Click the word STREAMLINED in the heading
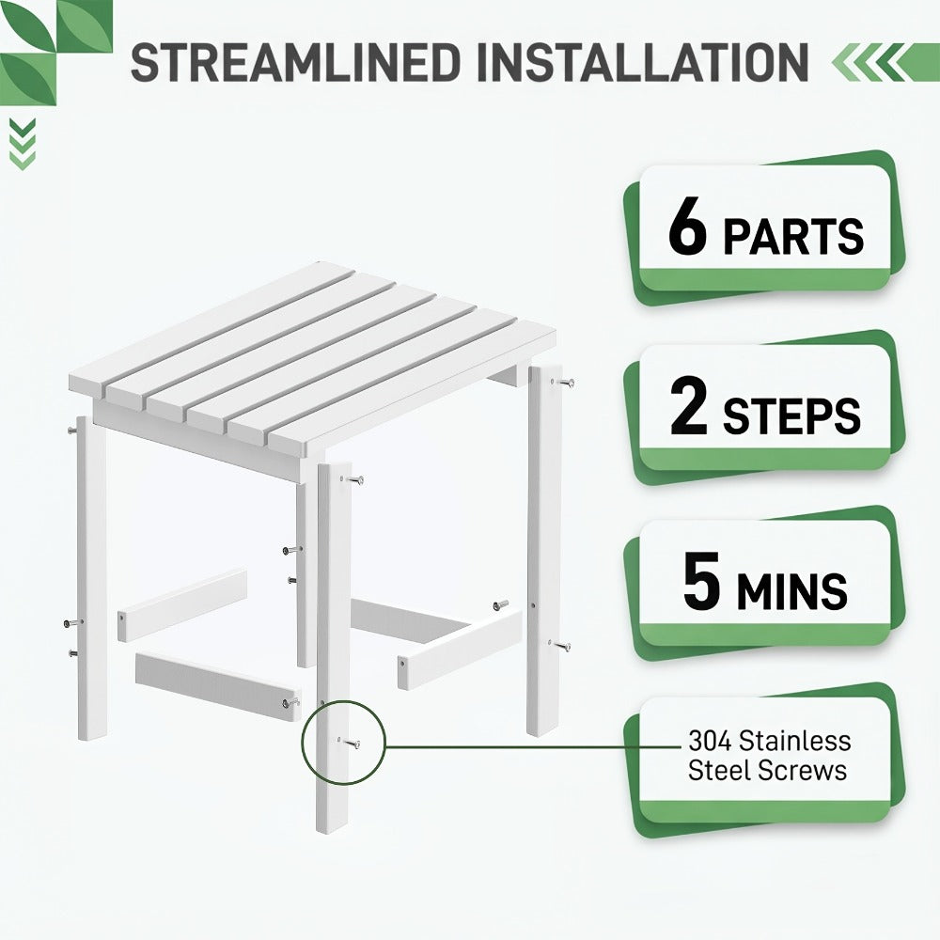point(296,62)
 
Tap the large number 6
point(688,227)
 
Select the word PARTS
point(793,236)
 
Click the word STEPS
point(791,415)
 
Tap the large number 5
point(701,582)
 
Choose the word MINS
point(791,590)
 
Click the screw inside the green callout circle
point(352,744)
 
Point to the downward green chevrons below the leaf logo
point(23,144)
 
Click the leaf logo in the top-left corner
point(55,53)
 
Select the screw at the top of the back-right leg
point(565,382)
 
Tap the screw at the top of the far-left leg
point(72,430)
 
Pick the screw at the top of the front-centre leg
point(353,479)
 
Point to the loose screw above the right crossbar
point(501,604)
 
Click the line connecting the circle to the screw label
point(533,747)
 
